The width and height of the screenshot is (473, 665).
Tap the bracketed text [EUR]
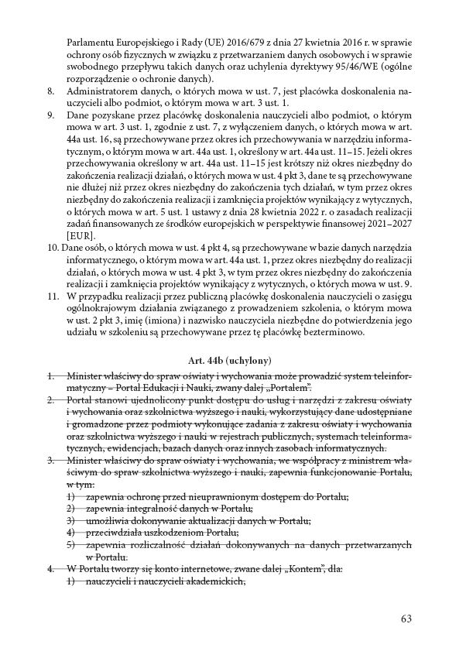click(80, 235)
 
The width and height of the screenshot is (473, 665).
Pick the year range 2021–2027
click(386, 223)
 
